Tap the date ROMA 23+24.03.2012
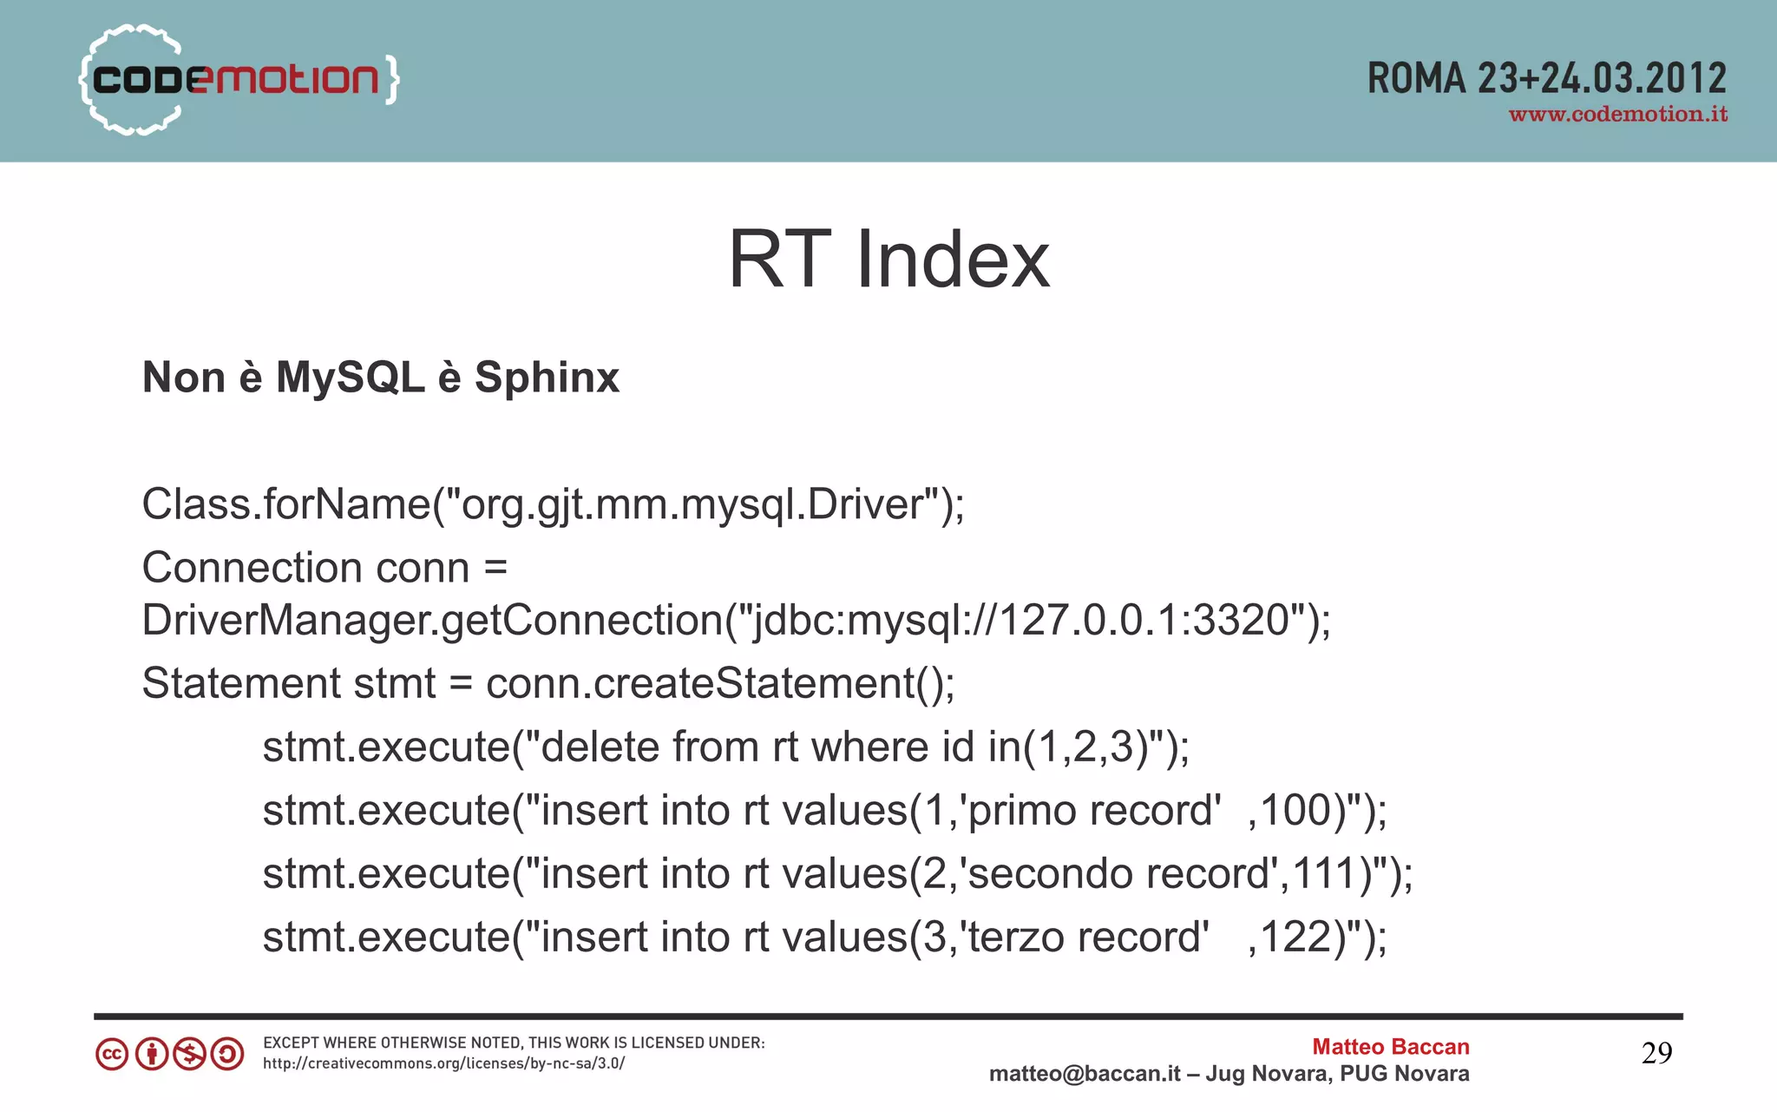tap(1546, 79)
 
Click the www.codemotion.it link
tap(1617, 115)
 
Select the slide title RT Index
tap(888, 260)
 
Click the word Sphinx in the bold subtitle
tap(547, 378)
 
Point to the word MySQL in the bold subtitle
tap(350, 378)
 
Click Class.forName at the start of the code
tap(285, 504)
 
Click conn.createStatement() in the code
tap(719, 683)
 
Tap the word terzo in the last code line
tap(1014, 938)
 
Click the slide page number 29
tap(1656, 1053)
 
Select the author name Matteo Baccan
tap(1390, 1047)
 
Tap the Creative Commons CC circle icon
tap(112, 1055)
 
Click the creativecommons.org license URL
tap(443, 1063)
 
